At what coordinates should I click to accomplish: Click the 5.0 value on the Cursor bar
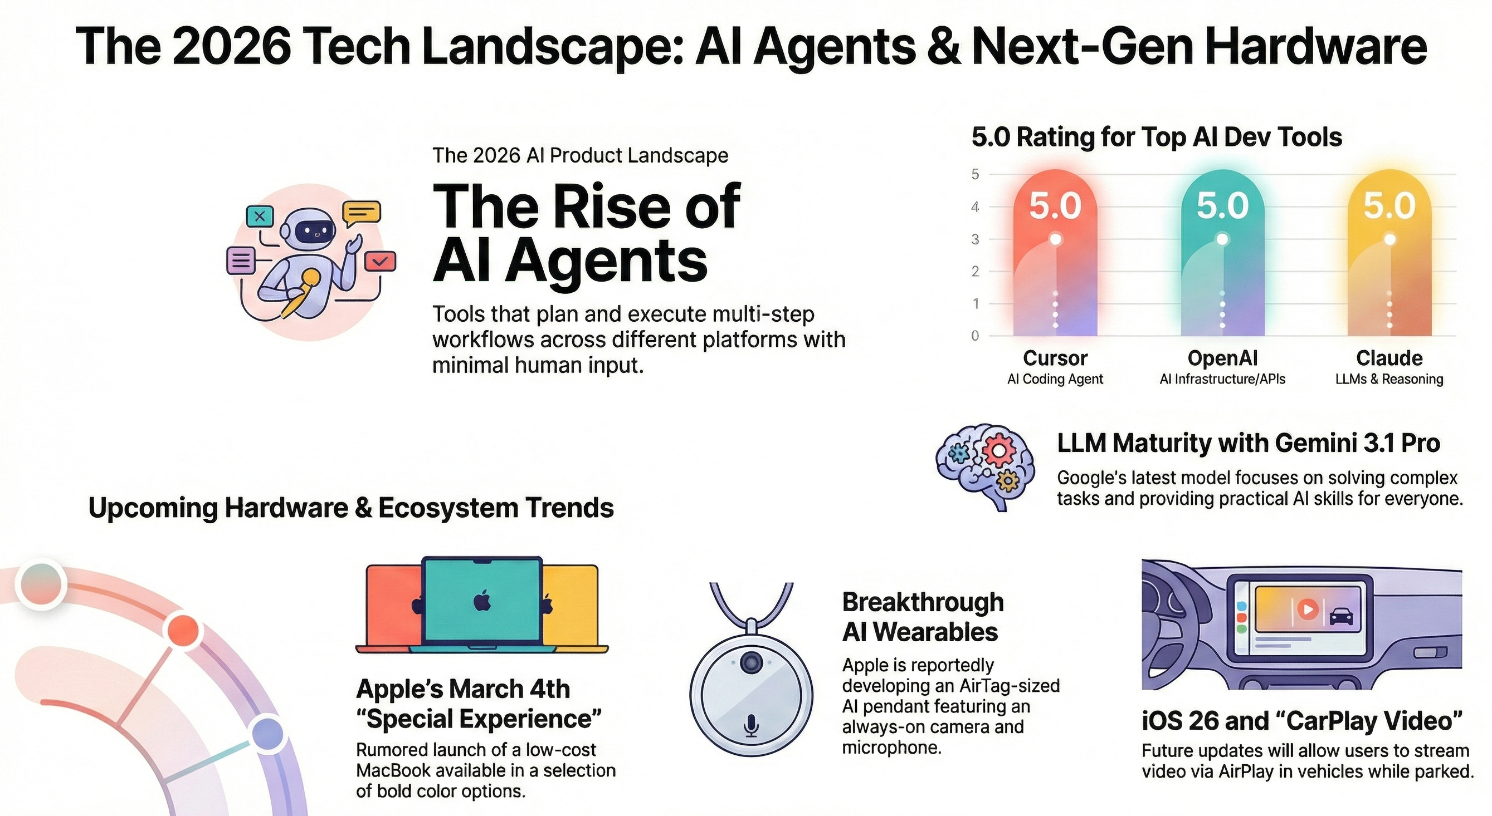[x=1055, y=206]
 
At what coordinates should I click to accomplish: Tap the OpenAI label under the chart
[x=1222, y=358]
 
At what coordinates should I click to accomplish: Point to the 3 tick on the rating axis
[x=976, y=239]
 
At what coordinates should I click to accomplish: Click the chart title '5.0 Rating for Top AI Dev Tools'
[x=1156, y=137]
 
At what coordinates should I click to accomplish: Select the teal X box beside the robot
[x=260, y=217]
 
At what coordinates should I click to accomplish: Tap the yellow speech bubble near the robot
[x=362, y=213]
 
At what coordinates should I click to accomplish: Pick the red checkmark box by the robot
[x=380, y=261]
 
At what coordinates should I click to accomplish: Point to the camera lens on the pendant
[x=751, y=661]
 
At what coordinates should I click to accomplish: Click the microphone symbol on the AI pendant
[x=751, y=724]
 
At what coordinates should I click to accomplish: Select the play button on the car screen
[x=1308, y=609]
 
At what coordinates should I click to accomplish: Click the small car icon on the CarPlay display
[x=1342, y=616]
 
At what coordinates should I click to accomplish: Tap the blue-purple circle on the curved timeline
[x=268, y=734]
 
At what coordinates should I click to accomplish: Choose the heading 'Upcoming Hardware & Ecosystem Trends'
[x=351, y=508]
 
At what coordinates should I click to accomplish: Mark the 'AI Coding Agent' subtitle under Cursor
[x=1055, y=379]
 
